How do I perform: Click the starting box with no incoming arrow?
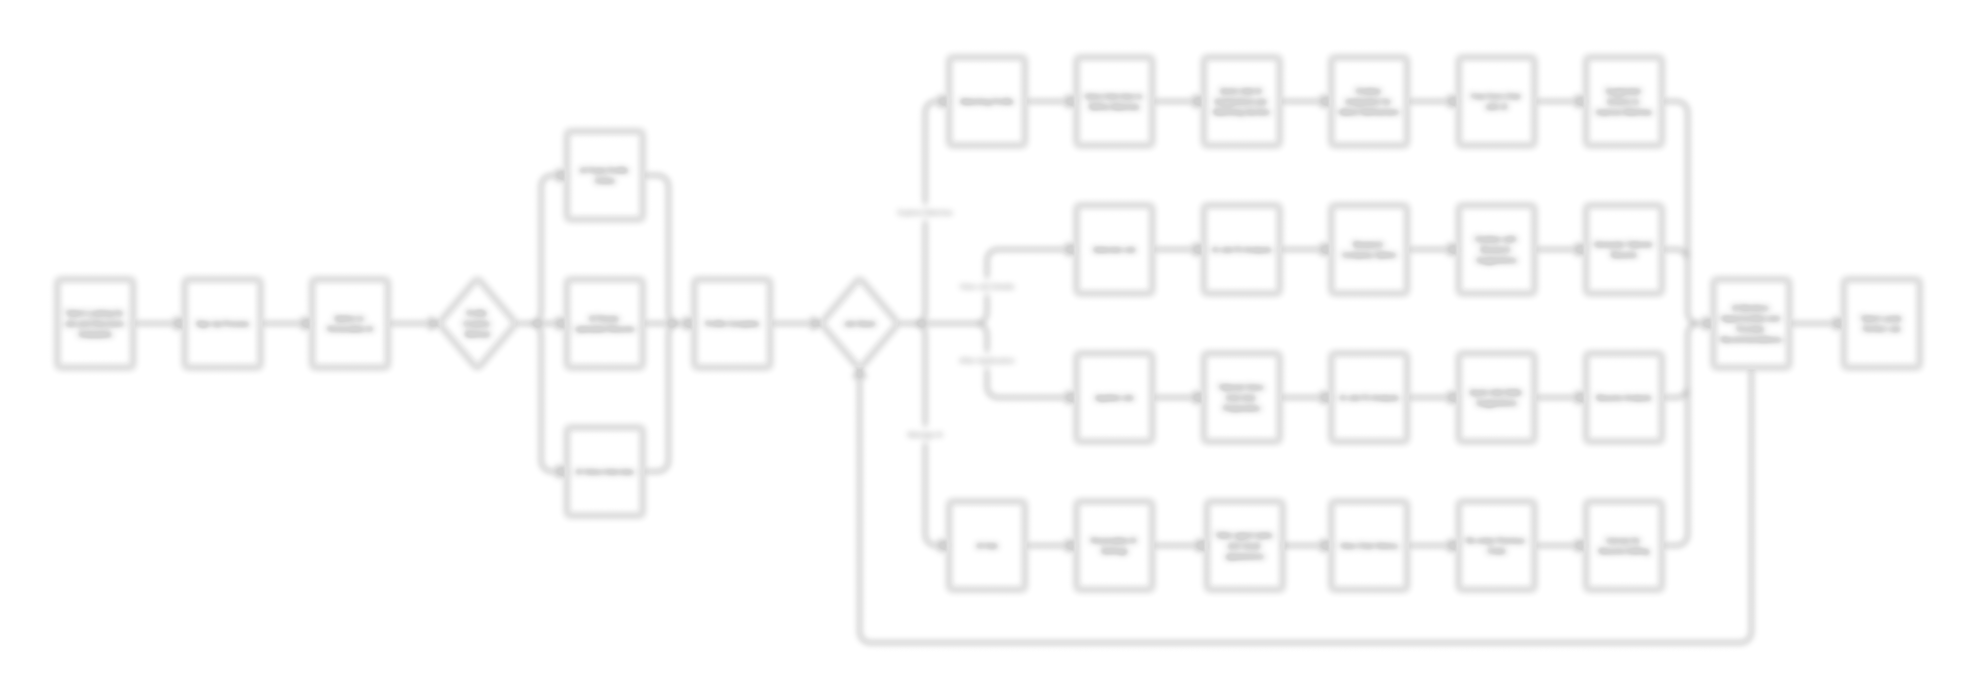pos(95,323)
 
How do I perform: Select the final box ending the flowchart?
pos(1881,323)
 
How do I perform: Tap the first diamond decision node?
pos(477,323)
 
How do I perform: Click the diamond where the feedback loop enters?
pos(860,323)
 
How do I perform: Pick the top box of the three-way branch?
pos(605,175)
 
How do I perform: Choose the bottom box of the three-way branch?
pos(605,471)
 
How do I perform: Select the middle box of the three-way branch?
pos(605,323)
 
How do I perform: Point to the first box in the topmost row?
pos(987,100)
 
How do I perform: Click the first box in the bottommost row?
pos(987,545)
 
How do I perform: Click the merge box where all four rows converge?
pos(1751,323)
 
